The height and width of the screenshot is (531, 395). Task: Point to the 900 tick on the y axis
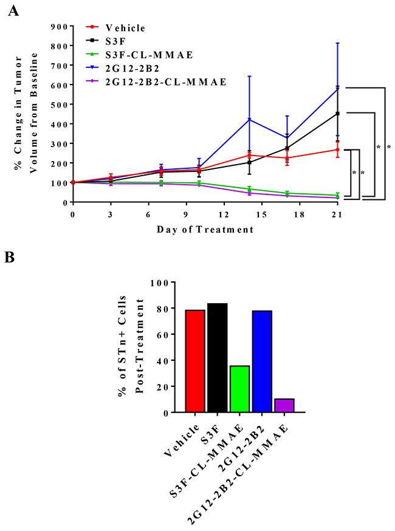click(x=59, y=27)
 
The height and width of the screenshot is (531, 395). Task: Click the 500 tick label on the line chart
click(x=59, y=104)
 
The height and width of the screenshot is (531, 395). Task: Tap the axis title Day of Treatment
click(x=204, y=230)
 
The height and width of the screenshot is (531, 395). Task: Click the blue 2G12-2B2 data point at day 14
click(x=249, y=119)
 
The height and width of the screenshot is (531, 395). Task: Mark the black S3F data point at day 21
click(x=337, y=113)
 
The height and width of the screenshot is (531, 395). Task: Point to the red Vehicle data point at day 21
click(x=337, y=149)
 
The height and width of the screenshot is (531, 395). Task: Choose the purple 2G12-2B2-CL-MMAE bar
click(x=284, y=405)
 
